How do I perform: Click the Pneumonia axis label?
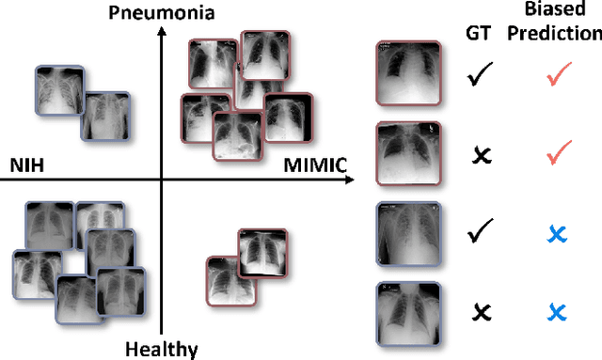click(163, 12)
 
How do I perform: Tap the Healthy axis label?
click(162, 350)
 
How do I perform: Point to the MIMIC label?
click(317, 166)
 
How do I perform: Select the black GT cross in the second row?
click(481, 154)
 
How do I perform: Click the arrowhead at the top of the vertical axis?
click(162, 32)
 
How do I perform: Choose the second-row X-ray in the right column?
click(407, 153)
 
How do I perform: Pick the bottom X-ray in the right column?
click(407, 314)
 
